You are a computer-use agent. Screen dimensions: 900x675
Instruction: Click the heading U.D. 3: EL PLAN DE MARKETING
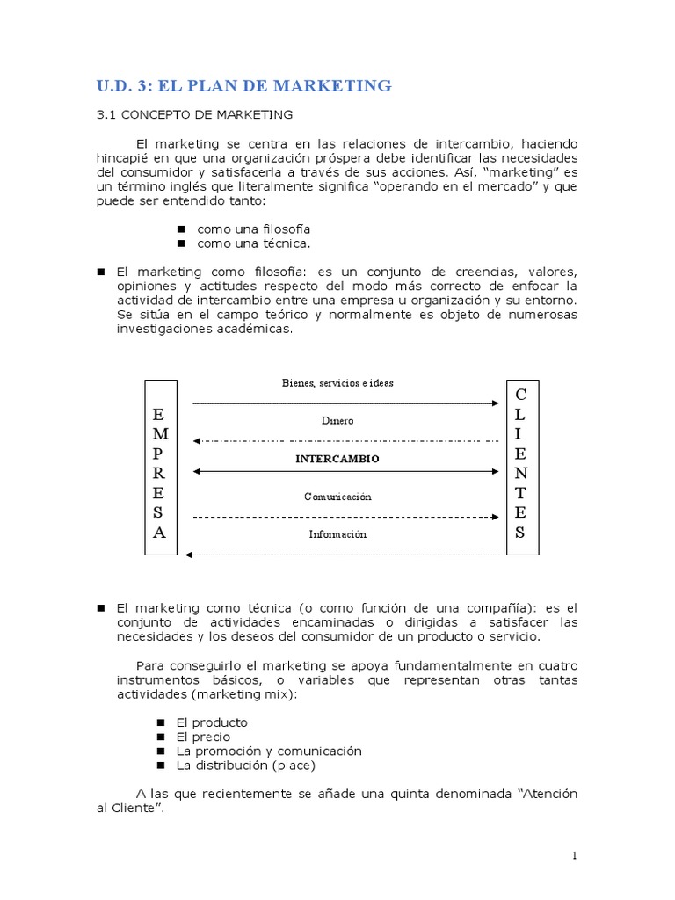pos(243,85)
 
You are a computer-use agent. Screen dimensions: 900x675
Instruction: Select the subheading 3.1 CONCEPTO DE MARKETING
pos(193,114)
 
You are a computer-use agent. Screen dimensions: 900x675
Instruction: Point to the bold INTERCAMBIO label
pos(337,459)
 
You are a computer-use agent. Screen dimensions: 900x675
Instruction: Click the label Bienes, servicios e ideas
pos(337,383)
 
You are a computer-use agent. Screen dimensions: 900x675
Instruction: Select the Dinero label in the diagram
pos(337,421)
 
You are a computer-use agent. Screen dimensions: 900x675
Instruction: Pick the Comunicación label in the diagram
pos(337,497)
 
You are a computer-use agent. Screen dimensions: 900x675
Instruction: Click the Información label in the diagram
pos(337,534)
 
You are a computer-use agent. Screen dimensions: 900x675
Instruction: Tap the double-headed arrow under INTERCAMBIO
pos(346,472)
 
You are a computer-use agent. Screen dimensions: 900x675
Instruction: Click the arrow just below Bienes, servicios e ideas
pos(346,403)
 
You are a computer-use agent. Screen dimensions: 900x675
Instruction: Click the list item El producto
pos(212,722)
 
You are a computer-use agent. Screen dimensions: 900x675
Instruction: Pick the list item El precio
pos(203,737)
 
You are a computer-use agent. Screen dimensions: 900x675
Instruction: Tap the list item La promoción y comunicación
pos(256,751)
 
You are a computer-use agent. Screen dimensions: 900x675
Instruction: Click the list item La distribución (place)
pos(239,765)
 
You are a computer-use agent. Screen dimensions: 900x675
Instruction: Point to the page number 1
pos(574,856)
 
